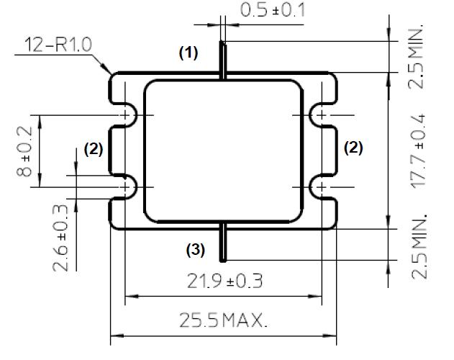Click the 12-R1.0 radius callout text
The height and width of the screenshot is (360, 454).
point(58,45)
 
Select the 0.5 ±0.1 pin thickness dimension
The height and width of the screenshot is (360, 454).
point(273,10)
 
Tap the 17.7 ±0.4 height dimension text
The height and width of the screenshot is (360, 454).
point(418,151)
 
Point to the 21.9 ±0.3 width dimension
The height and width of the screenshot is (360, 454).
point(225,281)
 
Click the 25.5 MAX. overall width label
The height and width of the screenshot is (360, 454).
point(223,320)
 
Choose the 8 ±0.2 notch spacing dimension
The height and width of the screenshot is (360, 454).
point(24,151)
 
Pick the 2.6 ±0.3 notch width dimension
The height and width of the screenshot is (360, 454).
point(60,238)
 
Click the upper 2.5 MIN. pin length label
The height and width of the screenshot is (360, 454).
point(417,57)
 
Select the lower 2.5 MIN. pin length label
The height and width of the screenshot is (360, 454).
point(419,247)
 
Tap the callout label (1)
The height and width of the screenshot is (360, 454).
point(189,53)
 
